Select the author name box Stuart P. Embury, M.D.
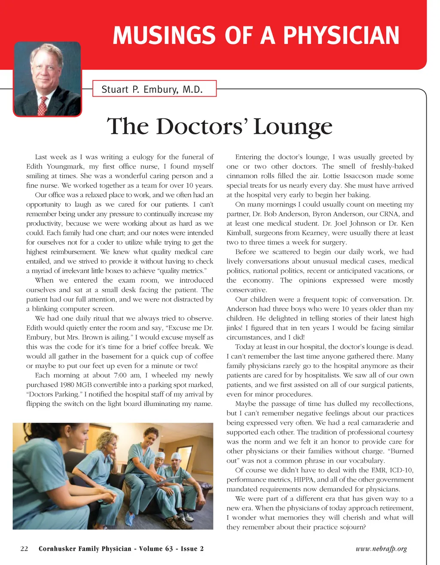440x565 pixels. pyautogui.click(x=154, y=89)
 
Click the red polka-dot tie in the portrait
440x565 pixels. pyautogui.click(x=43, y=105)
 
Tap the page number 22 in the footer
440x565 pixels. pyautogui.click(x=24, y=549)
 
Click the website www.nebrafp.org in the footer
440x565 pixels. pyautogui.click(x=381, y=549)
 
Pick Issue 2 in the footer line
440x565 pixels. pyautogui.click(x=192, y=549)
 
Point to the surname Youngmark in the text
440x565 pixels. pyautogui.click(x=66, y=166)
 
